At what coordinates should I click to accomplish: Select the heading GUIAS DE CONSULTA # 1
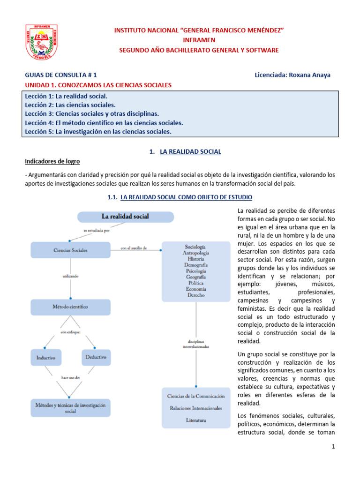pos(61,75)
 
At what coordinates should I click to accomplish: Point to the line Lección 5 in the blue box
pos(98,132)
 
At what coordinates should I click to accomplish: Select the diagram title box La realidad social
pos(125,217)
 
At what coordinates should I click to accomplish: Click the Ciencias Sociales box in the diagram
pos(70,250)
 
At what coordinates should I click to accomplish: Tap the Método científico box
pos(70,307)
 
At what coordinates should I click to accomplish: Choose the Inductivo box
pos(46,358)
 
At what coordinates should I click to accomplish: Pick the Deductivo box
pos(96,357)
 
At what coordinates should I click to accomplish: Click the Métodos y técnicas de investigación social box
pos(70,407)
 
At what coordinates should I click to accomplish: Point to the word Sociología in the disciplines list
pos(195,246)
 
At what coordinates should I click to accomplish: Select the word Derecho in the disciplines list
pos(195,295)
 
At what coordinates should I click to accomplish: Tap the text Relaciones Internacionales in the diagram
pos(195,408)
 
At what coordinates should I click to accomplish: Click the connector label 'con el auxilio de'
pos(135,248)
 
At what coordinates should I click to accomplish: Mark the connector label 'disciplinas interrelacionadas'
pos(196,344)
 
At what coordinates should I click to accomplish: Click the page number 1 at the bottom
pos(333,447)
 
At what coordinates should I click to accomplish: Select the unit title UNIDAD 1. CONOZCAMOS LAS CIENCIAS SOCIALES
pos(98,85)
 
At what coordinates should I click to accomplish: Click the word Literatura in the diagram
pos(195,420)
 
